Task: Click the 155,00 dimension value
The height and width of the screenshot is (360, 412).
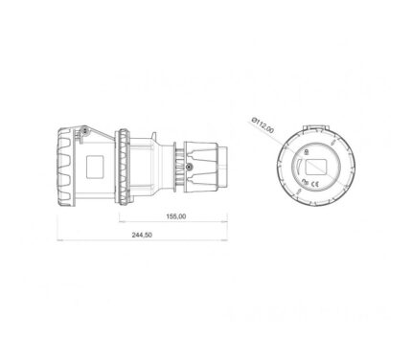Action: tap(175, 216)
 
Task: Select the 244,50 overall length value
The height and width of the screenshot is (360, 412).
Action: tap(142, 235)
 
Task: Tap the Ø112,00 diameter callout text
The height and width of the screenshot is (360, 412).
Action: tap(263, 125)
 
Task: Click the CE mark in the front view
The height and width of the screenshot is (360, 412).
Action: tap(315, 184)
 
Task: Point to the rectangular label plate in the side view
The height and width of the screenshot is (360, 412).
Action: tap(95, 167)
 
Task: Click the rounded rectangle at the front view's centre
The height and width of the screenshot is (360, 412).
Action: tap(316, 167)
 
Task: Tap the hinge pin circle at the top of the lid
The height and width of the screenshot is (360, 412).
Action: tap(84, 130)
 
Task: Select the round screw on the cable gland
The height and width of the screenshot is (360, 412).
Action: tap(190, 167)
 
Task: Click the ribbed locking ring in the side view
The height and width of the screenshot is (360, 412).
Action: tap(125, 167)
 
